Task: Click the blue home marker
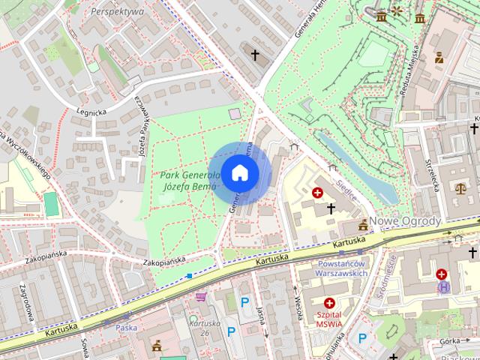click(x=239, y=172)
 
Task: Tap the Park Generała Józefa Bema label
click(x=188, y=180)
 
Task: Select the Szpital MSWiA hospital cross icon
click(x=328, y=303)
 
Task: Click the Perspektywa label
click(x=116, y=12)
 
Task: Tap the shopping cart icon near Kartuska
click(x=201, y=297)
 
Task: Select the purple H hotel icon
click(x=443, y=287)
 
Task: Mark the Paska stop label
click(x=125, y=327)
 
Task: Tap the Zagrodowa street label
click(x=25, y=303)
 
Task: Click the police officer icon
click(x=439, y=57)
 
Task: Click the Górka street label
click(x=450, y=340)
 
